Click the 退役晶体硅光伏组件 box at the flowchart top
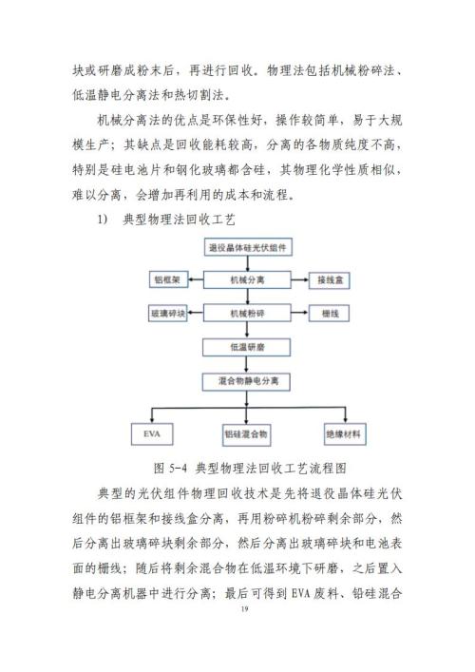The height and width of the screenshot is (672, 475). point(248,247)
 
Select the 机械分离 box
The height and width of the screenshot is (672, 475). point(247,280)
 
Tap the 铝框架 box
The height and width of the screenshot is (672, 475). point(167,280)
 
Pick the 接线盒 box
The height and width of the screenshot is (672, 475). point(330,280)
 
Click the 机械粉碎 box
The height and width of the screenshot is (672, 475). point(247,314)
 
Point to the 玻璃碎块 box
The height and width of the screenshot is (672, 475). point(168,314)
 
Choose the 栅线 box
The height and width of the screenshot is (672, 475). point(330,314)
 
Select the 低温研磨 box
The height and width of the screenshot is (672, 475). point(247,347)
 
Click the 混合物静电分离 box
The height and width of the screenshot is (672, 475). point(246,381)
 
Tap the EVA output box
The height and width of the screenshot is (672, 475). point(152,434)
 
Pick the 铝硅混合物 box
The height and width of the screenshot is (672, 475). point(246,434)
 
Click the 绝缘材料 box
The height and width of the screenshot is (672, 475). point(344,434)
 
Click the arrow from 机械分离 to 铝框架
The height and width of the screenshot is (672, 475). point(196,280)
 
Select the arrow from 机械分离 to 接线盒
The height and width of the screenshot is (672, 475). point(300,280)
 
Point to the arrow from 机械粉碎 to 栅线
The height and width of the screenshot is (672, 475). point(300,314)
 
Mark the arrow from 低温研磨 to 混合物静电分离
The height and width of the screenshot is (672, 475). point(246,364)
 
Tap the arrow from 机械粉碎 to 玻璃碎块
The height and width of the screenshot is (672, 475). point(196,314)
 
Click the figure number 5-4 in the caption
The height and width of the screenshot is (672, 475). point(179,468)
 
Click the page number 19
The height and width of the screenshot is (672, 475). point(244,609)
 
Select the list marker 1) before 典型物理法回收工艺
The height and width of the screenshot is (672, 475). point(103,220)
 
